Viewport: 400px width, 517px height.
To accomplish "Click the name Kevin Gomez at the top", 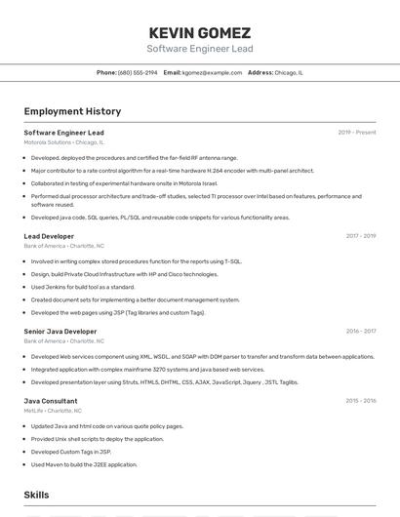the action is point(199,32).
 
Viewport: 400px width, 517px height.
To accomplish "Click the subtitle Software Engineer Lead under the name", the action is point(199,49).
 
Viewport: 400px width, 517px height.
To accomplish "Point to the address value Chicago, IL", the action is point(289,73).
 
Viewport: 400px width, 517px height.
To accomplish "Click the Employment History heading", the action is point(72,111).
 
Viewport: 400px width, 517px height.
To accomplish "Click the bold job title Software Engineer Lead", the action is point(63,133).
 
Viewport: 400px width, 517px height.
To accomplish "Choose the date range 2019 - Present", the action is point(356,133).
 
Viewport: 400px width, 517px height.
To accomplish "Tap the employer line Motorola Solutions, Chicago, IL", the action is point(63,142).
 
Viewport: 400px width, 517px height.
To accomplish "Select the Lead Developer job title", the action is point(49,236).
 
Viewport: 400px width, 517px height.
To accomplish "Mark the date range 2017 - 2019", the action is point(360,236).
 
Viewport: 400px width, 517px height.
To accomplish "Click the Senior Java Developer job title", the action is point(60,332).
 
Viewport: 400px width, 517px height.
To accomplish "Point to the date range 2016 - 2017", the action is point(360,332).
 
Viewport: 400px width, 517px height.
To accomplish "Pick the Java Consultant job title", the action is point(51,401).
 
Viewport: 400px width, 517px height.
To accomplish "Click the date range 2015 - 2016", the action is point(360,401).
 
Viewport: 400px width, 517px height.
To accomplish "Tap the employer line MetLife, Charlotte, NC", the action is point(53,411).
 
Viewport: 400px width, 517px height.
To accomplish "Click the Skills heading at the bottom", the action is point(37,496).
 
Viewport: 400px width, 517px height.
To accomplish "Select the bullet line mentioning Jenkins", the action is point(83,287).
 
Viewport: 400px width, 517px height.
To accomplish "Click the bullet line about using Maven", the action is point(84,464).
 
